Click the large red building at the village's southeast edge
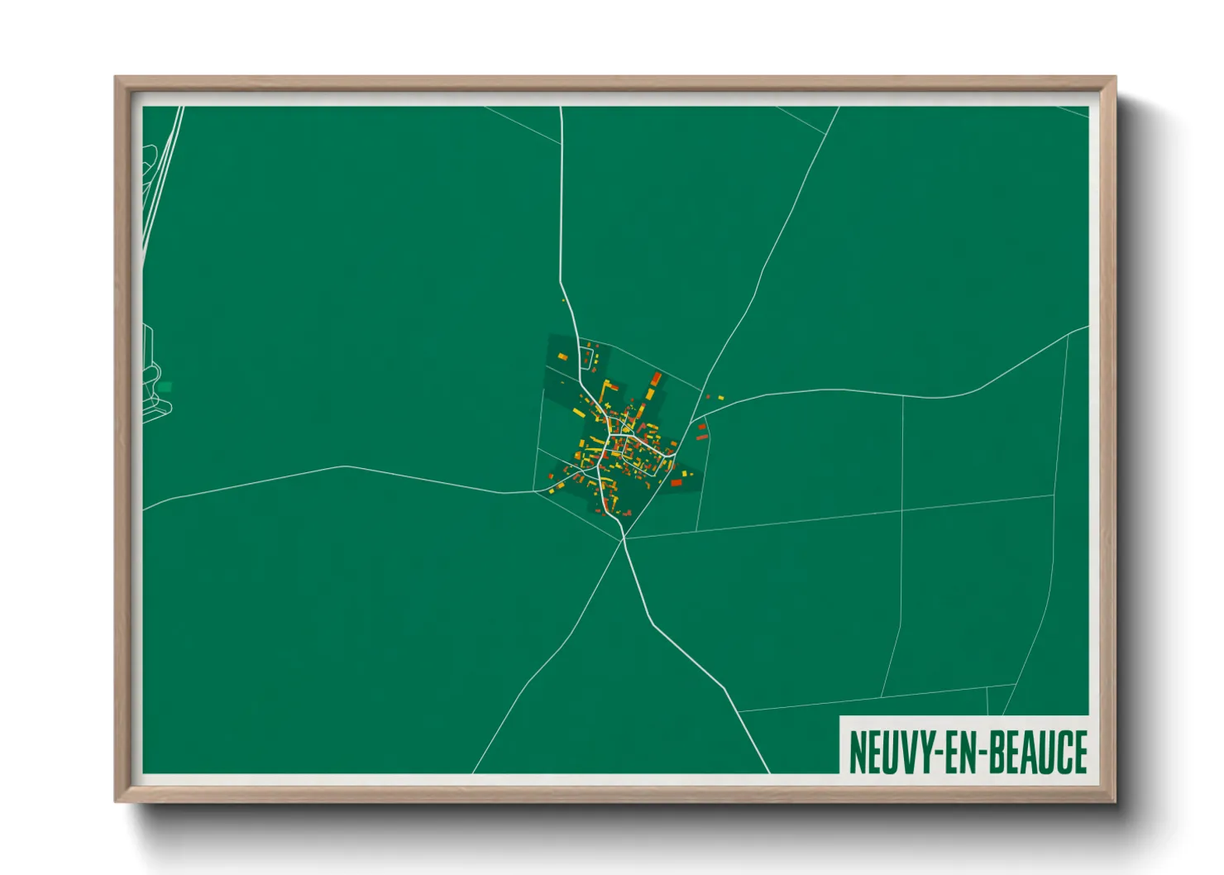tap(676, 483)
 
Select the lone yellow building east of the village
tap(721, 398)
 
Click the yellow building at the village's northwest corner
tap(562, 357)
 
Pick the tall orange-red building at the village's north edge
tap(657, 379)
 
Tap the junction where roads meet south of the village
tap(624, 538)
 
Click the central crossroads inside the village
tap(614, 434)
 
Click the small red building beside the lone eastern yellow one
tap(709, 397)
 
